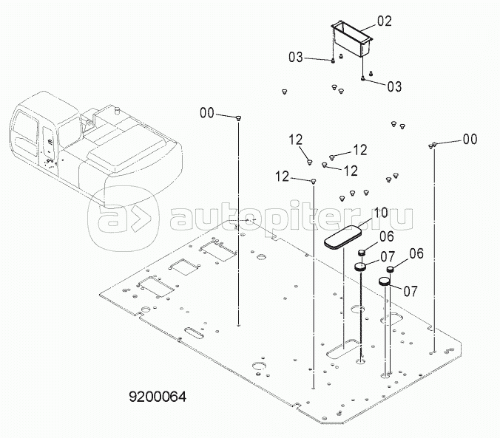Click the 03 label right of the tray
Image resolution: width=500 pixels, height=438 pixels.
tap(393, 86)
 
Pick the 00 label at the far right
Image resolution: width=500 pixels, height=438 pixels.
tap(470, 138)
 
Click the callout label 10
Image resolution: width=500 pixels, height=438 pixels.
tap(380, 213)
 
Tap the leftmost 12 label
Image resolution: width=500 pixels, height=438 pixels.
tap(280, 177)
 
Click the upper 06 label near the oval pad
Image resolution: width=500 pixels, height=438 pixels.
tap(387, 236)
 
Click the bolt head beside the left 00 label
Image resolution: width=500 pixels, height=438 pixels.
tap(239, 117)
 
